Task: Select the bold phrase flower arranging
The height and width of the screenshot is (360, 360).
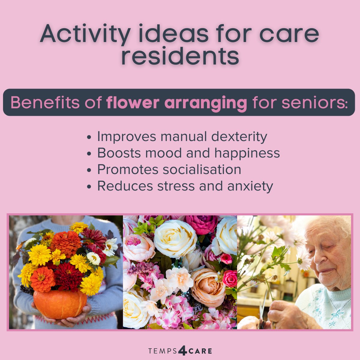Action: [x=177, y=103]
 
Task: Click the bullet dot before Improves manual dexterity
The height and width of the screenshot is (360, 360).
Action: [x=89, y=138]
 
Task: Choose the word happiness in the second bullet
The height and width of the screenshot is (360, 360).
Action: [x=247, y=153]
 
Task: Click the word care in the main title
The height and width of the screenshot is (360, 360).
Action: [x=289, y=34]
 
